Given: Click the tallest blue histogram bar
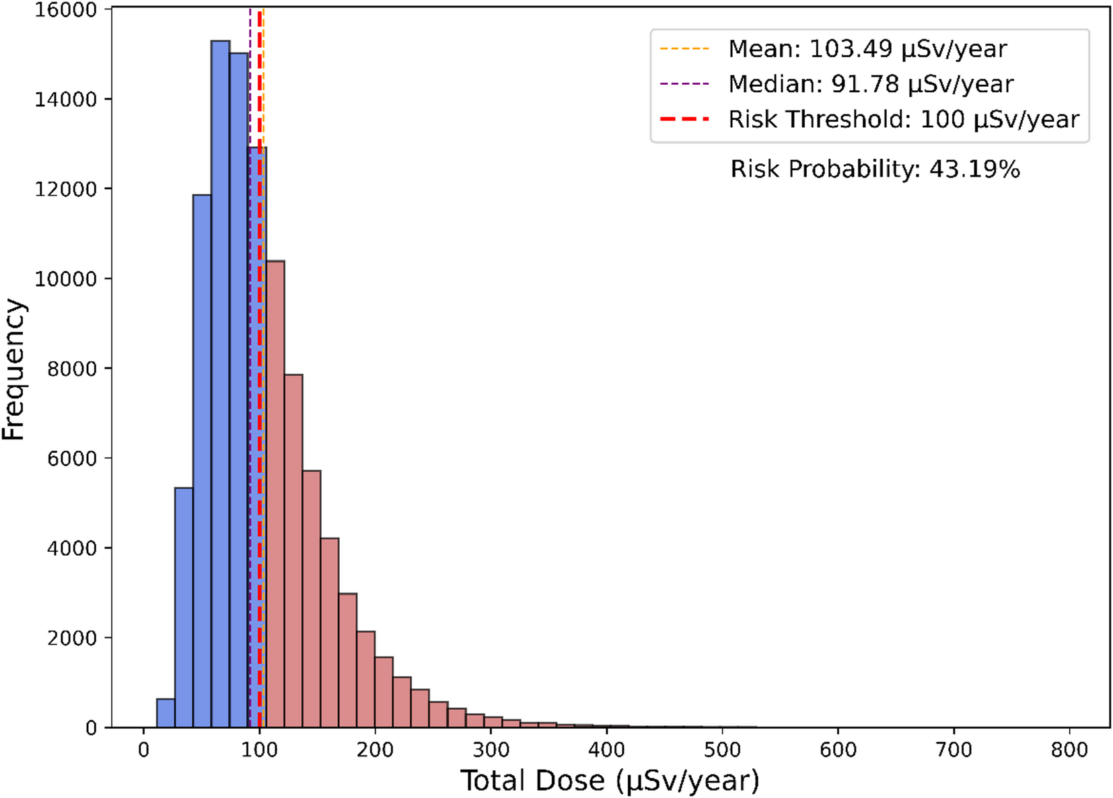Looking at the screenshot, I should [x=220, y=384].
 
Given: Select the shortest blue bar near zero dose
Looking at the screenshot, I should [x=166, y=713].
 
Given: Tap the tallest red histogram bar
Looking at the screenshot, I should [x=275, y=495].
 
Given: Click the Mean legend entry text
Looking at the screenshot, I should [x=867, y=49].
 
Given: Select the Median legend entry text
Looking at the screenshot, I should [x=871, y=84].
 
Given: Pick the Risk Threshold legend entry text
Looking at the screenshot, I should [x=903, y=119].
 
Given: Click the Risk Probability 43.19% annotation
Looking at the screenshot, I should [x=875, y=169].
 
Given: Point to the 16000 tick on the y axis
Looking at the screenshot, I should [x=65, y=9].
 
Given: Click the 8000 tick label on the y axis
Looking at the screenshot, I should [x=72, y=369].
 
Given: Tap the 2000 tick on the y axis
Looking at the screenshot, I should [x=72, y=638].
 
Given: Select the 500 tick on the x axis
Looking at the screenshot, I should [x=722, y=750].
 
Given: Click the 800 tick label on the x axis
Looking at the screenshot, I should [x=1069, y=750].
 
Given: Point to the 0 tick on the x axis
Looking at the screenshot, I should [x=143, y=750].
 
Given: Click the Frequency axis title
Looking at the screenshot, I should [x=13, y=369].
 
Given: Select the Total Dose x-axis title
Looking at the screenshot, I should [x=610, y=781].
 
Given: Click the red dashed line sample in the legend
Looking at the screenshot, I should [x=684, y=119].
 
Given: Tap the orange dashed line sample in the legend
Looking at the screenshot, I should [x=684, y=49].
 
